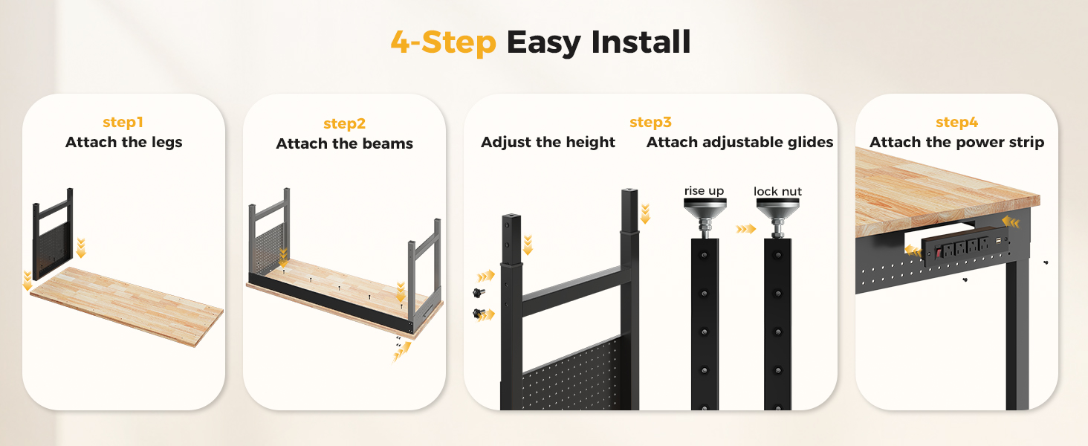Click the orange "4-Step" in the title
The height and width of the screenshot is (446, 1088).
pyautogui.click(x=444, y=42)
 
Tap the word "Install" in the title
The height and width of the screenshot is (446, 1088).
pyautogui.click(x=641, y=42)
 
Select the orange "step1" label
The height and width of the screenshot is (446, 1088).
pyautogui.click(x=123, y=123)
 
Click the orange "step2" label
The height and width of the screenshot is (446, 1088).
pyautogui.click(x=344, y=124)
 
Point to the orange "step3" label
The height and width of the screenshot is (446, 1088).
pyautogui.click(x=650, y=123)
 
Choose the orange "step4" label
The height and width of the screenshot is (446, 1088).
pyautogui.click(x=957, y=123)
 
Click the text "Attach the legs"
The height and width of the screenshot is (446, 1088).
pyautogui.click(x=124, y=143)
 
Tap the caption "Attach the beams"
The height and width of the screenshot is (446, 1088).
pyautogui.click(x=344, y=143)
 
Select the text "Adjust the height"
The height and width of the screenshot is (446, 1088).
pyautogui.click(x=548, y=143)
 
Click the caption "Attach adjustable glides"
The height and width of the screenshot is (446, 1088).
pyautogui.click(x=739, y=143)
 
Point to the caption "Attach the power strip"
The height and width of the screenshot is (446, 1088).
pyautogui.click(x=957, y=143)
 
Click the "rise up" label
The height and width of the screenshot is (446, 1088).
pyautogui.click(x=705, y=191)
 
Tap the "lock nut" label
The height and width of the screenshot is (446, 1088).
pyautogui.click(x=777, y=192)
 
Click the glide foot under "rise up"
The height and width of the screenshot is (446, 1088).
pyautogui.click(x=705, y=217)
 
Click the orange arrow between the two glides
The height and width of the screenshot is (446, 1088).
pyautogui.click(x=745, y=229)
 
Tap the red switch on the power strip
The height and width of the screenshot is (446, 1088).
pyautogui.click(x=939, y=253)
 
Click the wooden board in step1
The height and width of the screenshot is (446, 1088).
pyautogui.click(x=127, y=306)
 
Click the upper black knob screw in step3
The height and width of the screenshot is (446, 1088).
pyautogui.click(x=479, y=292)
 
